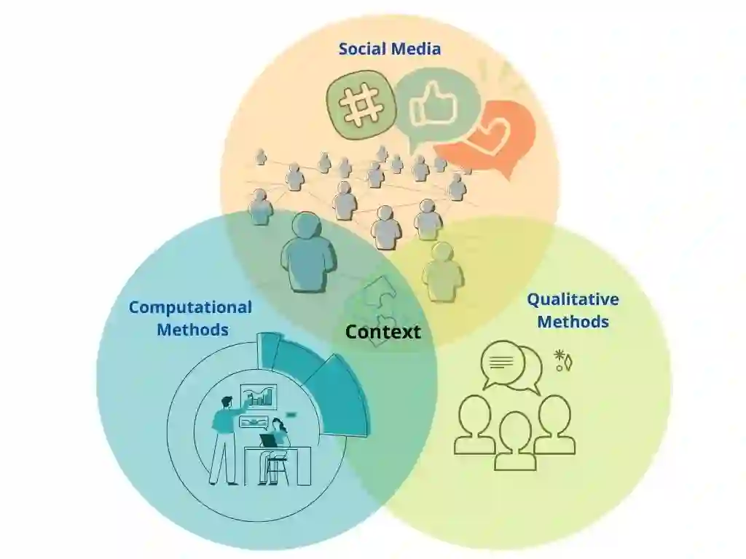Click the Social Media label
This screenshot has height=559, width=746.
tap(389, 49)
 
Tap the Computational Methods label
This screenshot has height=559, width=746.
tap(191, 318)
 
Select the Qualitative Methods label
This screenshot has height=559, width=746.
tap(573, 310)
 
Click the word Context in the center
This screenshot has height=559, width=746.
tap(382, 333)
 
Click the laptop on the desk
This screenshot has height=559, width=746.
tap(269, 440)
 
